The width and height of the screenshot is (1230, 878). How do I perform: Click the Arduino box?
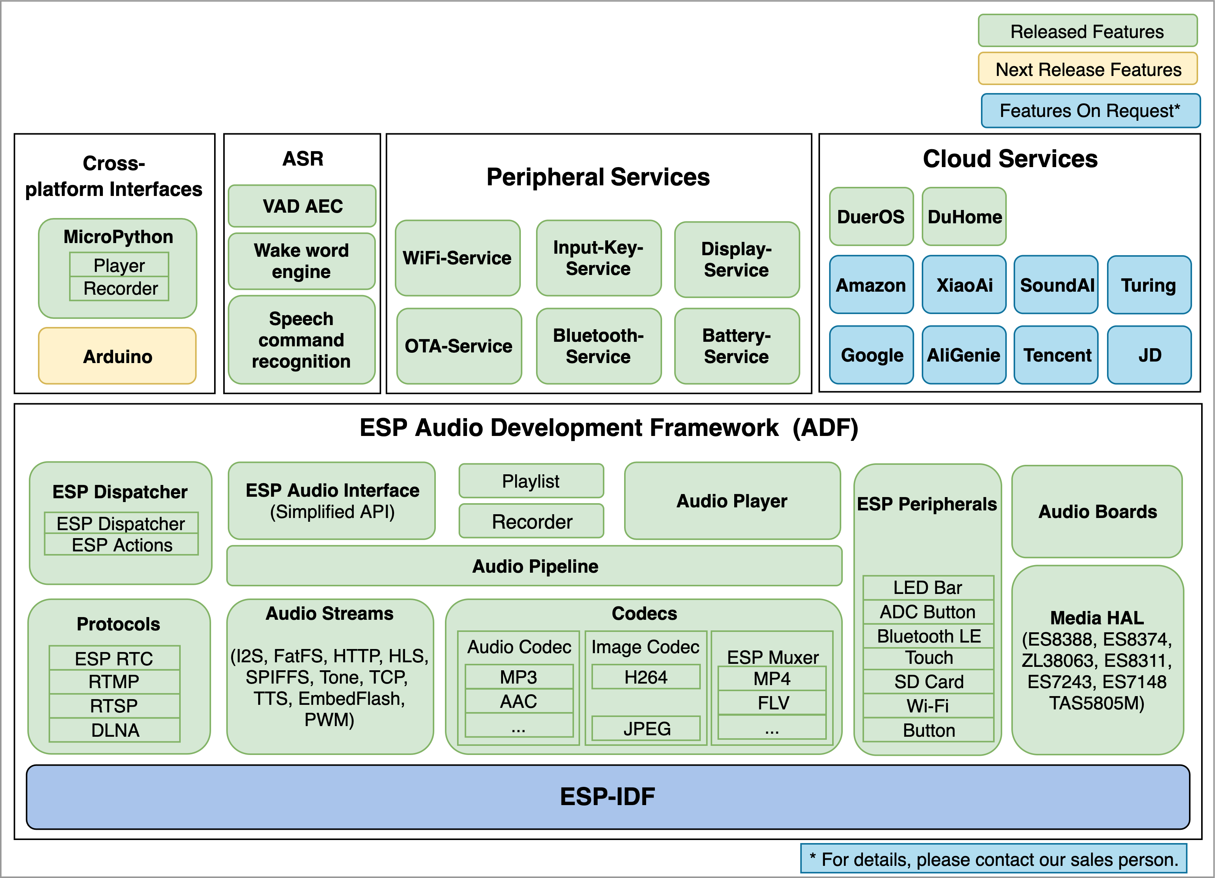coord(117,356)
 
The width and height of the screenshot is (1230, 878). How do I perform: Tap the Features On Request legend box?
coord(1090,111)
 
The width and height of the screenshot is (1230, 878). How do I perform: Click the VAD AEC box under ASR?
coord(302,206)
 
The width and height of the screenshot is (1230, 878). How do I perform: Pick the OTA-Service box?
coord(459,346)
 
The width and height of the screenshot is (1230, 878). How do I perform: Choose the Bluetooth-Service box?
coord(598,346)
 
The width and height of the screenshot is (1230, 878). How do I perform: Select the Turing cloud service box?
coord(1148,285)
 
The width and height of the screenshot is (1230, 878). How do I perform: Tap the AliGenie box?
coord(963,355)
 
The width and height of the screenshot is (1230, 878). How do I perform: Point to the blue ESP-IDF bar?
coord(607,796)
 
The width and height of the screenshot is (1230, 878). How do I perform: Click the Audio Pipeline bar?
coord(535,566)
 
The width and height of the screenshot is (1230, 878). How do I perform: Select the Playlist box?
coord(531,481)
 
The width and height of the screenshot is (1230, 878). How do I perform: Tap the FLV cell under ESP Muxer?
coord(772,703)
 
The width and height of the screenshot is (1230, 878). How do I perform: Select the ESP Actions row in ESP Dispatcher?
coord(121,545)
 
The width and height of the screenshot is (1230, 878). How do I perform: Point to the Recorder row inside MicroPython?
coord(120,289)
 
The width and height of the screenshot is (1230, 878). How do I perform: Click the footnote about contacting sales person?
coord(993,859)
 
